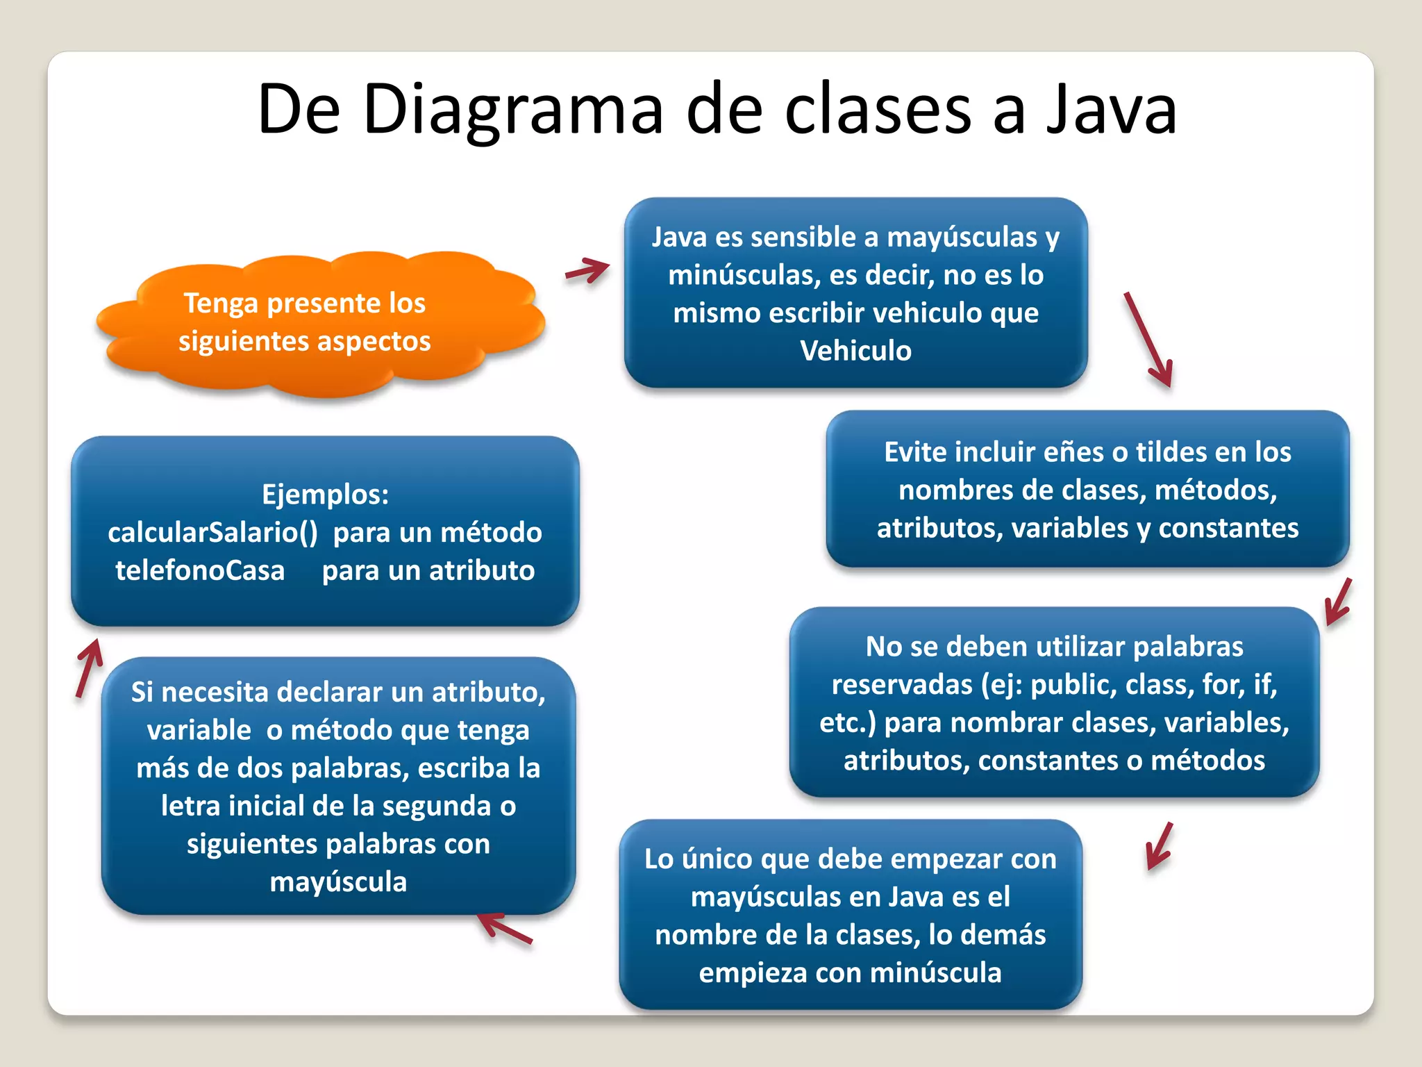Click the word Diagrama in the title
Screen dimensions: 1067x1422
512,110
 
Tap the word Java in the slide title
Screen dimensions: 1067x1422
1112,110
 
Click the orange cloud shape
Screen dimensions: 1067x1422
319,323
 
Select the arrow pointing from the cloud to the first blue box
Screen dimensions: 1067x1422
587,270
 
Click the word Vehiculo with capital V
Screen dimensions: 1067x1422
855,351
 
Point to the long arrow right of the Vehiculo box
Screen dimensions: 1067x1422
1149,339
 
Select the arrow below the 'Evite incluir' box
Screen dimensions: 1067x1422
1338,602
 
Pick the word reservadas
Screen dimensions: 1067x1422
902,685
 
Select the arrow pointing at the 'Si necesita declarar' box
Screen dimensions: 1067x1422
505,929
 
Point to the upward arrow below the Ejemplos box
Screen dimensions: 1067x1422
89,668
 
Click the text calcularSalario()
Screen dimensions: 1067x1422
212,533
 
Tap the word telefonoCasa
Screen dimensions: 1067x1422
200,571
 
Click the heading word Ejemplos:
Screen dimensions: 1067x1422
325,495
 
